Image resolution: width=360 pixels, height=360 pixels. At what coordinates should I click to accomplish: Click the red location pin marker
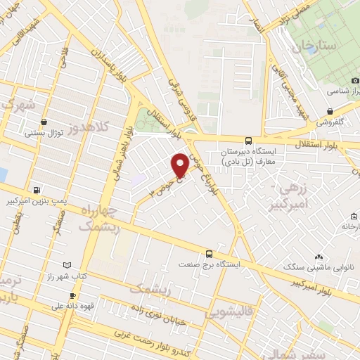(180, 165)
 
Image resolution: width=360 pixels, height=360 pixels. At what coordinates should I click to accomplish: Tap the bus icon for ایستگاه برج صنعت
(209, 254)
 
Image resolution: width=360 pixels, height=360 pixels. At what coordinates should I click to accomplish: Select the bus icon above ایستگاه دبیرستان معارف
(248, 140)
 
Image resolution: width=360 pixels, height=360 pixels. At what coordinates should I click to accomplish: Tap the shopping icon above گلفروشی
(330, 111)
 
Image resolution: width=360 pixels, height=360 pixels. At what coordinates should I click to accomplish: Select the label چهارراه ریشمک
(100, 219)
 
